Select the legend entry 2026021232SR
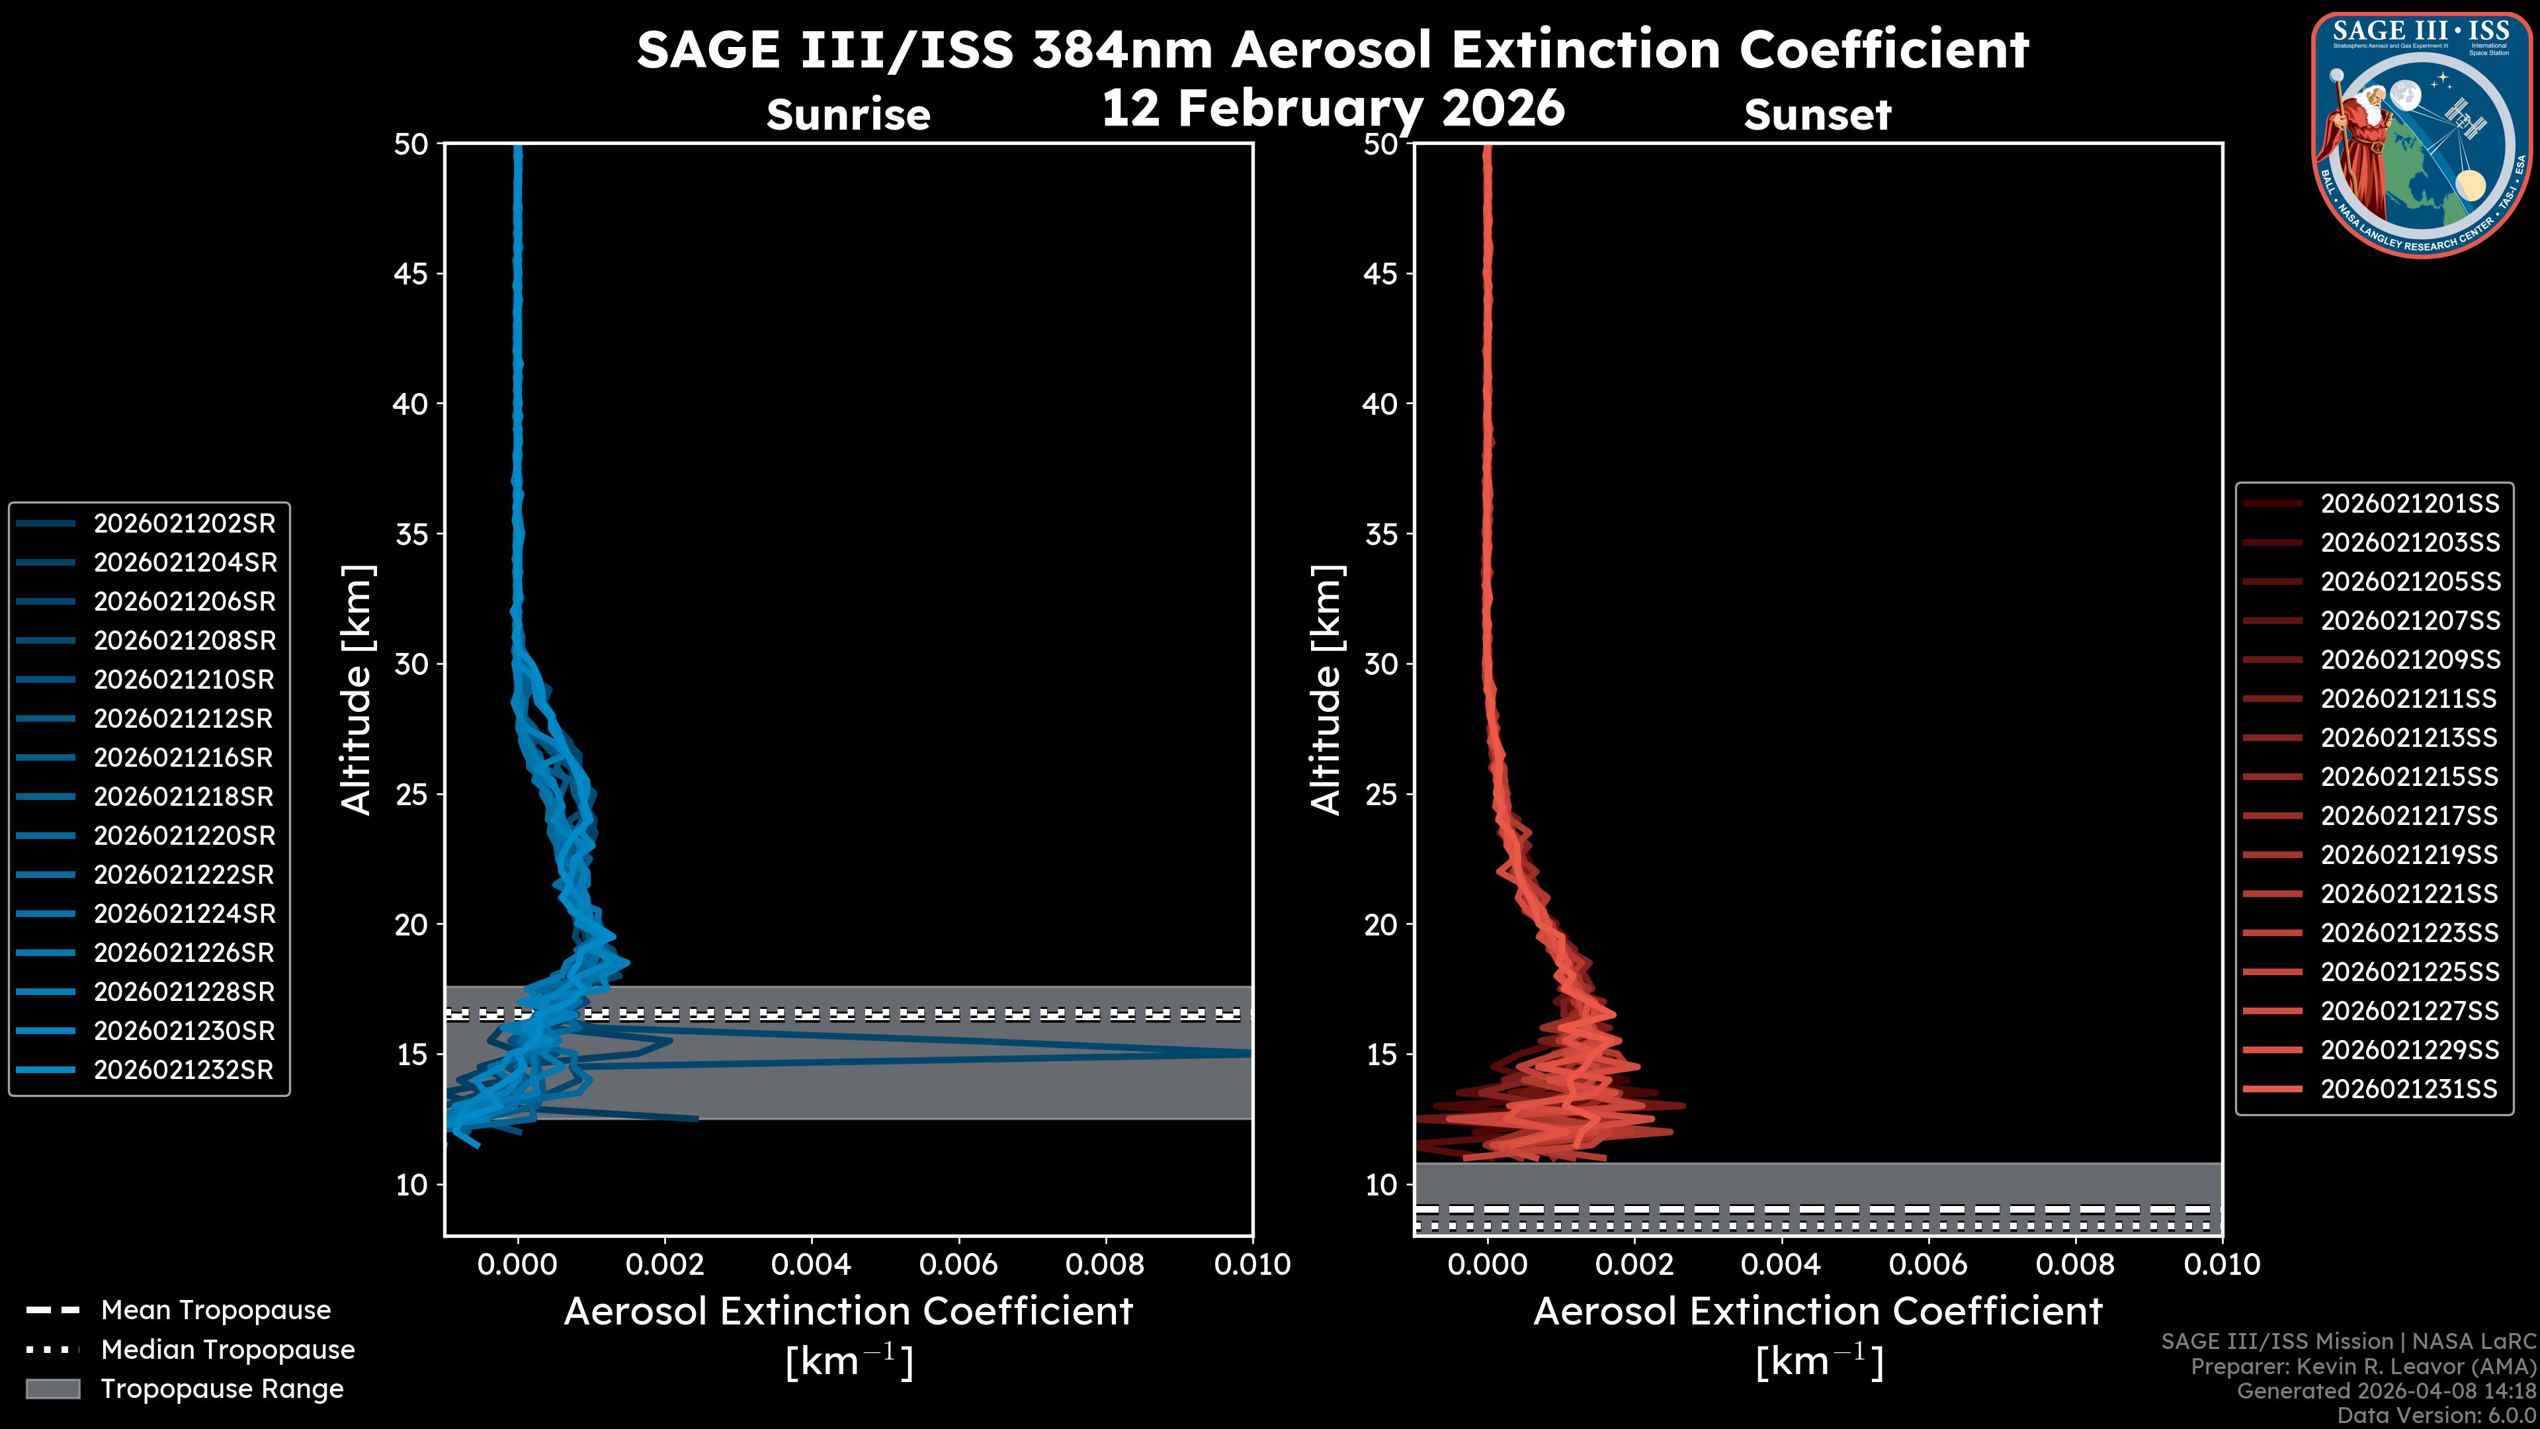click(183, 1070)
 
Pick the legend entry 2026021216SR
click(183, 758)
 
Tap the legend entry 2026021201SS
click(2409, 504)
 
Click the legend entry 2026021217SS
click(2409, 816)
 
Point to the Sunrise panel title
click(848, 115)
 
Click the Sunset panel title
click(1817, 115)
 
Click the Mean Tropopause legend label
click(216, 1310)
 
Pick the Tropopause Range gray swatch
click(52, 1389)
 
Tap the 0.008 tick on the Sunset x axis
click(2076, 1264)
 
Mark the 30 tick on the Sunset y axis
click(1381, 664)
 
